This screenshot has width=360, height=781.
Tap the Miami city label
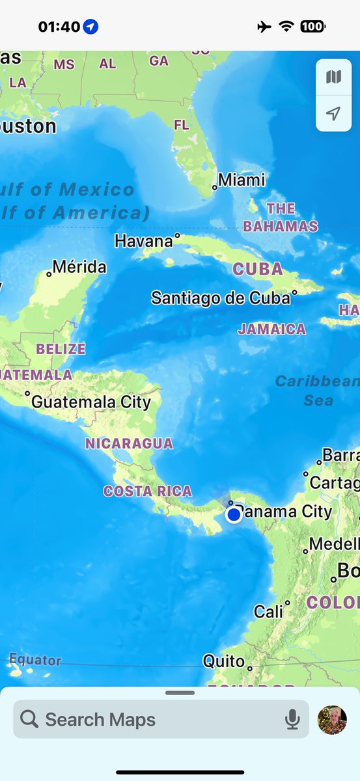click(x=242, y=180)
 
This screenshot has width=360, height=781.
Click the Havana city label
click(x=144, y=241)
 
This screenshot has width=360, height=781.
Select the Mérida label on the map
click(x=79, y=267)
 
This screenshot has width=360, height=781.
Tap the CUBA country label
click(x=258, y=269)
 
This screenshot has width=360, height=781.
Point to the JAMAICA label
click(x=271, y=329)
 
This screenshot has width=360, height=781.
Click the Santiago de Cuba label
click(x=220, y=298)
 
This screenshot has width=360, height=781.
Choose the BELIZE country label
click(x=61, y=349)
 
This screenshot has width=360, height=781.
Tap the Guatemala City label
click(x=91, y=402)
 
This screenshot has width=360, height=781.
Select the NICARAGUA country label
click(x=129, y=444)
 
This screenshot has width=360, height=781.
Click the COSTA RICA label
click(x=148, y=491)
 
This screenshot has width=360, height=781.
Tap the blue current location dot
click(x=234, y=515)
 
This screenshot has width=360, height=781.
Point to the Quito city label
click(x=224, y=661)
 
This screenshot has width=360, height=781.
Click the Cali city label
click(x=269, y=612)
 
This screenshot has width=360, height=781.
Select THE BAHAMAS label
click(x=281, y=217)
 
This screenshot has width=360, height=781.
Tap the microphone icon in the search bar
click(x=292, y=719)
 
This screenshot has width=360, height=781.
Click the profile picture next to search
click(x=332, y=720)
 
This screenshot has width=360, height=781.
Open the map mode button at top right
click(x=333, y=77)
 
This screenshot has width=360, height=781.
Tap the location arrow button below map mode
click(x=333, y=114)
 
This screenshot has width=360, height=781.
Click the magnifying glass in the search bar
click(x=29, y=719)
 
